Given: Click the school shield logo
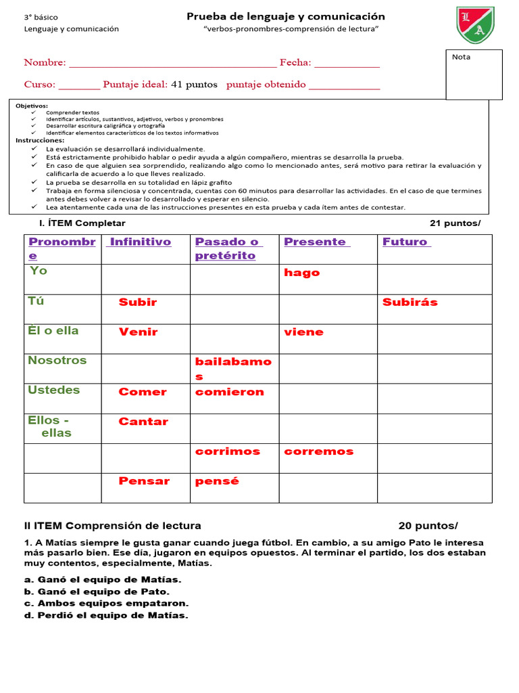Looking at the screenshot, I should [x=475, y=25].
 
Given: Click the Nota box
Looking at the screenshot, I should [x=474, y=74].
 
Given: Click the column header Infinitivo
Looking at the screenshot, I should [x=141, y=242].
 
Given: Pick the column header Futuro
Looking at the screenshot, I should [x=406, y=242].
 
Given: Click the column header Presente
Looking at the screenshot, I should [x=316, y=242].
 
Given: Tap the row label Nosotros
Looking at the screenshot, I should [x=57, y=361].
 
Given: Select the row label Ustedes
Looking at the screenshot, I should [x=54, y=390].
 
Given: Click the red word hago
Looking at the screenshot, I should [x=302, y=273].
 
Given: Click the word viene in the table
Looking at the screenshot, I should [x=304, y=332].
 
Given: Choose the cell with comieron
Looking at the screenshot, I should [x=230, y=392].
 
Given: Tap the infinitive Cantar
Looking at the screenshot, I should [x=143, y=422].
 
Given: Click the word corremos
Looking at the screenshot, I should [x=319, y=451].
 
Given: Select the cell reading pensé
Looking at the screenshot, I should [x=217, y=481].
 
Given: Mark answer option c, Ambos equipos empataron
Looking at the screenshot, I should [x=107, y=603].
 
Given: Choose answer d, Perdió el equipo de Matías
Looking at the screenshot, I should [x=107, y=615].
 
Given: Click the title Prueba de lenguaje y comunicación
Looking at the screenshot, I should [x=286, y=16].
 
